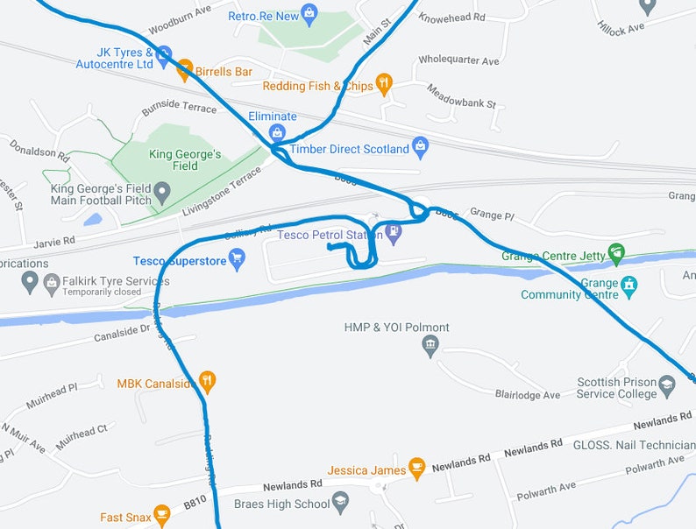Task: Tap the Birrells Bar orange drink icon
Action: click(184, 71)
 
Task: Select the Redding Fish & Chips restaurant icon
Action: click(383, 84)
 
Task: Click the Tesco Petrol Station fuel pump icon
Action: click(394, 233)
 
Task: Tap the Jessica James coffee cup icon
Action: click(417, 469)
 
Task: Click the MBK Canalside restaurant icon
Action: click(208, 382)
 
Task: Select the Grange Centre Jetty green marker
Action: click(616, 255)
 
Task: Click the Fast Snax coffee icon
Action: click(161, 516)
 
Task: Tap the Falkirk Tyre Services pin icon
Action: click(30, 282)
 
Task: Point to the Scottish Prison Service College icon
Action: click(667, 386)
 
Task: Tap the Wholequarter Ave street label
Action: click(458, 60)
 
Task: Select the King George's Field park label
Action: click(185, 160)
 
